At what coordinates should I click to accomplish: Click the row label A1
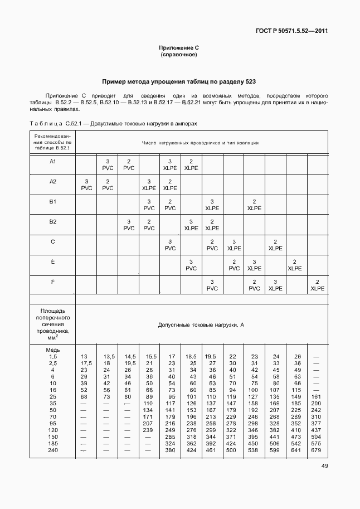(52, 162)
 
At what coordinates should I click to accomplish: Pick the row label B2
(52, 221)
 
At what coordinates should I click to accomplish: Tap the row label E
(52, 261)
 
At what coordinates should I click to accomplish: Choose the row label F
(52, 282)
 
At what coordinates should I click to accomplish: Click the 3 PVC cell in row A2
(86, 185)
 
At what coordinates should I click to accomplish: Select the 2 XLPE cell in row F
(317, 285)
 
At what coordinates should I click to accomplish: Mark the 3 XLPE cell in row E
(254, 265)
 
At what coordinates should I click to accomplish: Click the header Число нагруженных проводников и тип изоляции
(200, 143)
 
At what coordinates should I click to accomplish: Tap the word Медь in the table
(52, 350)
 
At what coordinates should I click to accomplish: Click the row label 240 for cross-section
(52, 450)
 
